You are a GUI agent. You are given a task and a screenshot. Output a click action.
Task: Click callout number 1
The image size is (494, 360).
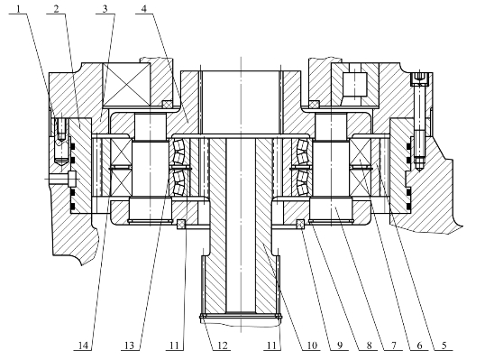19,9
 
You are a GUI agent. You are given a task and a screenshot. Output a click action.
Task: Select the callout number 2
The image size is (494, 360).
57,9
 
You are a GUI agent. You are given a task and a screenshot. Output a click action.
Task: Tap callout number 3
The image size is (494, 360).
105,9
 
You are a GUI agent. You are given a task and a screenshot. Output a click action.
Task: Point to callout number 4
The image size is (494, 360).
144,9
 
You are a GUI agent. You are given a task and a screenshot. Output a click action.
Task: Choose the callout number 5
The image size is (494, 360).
444,346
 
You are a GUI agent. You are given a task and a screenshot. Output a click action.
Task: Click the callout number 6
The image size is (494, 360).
419,346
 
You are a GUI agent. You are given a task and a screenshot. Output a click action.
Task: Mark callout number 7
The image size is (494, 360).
394,346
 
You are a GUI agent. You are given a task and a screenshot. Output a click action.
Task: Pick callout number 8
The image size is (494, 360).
369,346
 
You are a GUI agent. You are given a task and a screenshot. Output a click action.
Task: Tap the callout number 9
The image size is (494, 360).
340,346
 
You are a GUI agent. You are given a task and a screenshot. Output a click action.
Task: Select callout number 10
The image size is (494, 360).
311,346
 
